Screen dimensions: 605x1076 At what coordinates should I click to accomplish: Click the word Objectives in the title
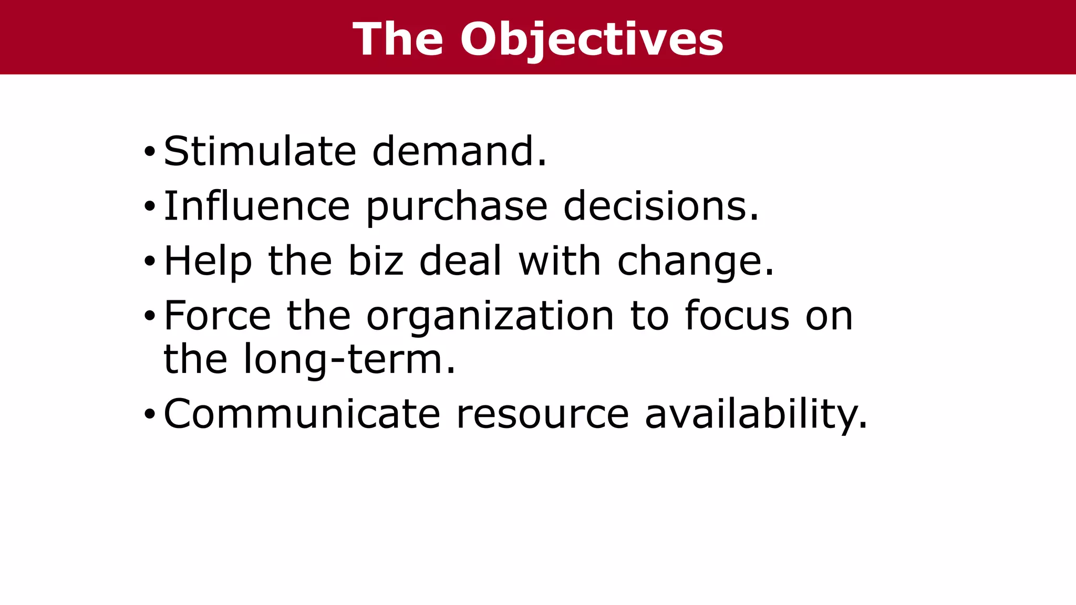click(592, 39)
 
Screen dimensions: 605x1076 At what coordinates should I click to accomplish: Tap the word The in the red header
click(398, 39)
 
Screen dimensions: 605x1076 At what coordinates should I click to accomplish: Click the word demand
click(459, 151)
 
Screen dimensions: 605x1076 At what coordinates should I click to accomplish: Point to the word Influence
click(257, 206)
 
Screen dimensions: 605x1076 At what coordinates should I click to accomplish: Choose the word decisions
click(661, 206)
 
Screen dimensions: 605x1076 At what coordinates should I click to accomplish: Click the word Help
click(208, 261)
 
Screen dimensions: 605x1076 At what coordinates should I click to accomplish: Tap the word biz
click(376, 260)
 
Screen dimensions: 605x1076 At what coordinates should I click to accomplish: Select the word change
click(696, 262)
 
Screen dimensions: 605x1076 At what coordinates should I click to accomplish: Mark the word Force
click(218, 316)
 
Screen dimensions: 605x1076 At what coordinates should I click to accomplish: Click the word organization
click(490, 317)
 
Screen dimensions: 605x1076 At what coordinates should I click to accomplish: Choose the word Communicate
click(302, 414)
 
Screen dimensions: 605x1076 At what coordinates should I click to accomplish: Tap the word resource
click(542, 414)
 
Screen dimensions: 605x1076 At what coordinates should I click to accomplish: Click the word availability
click(756, 414)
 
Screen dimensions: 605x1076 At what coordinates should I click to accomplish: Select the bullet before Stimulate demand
click(150, 152)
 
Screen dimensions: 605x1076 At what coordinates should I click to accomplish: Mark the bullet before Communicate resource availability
click(150, 415)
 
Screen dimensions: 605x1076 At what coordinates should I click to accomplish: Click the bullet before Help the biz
click(150, 262)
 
